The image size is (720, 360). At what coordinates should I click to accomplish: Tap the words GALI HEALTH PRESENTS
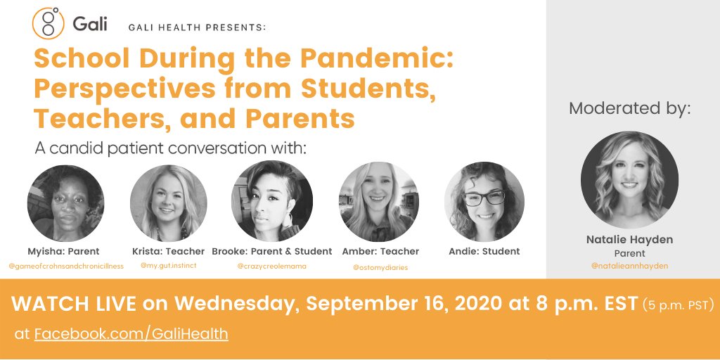pos(197,27)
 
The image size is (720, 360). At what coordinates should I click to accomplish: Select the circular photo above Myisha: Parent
pos(65,203)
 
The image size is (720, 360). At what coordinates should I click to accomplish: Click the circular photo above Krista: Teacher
pos(169,203)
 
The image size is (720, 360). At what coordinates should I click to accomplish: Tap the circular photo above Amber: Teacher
pos(379,202)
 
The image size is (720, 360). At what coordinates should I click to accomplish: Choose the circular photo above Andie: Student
pos(484,202)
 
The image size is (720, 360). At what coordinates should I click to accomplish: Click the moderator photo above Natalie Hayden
pos(629,180)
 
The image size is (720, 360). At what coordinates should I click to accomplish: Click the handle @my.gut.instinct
pos(168,266)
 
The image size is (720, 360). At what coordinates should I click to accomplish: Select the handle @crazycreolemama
pos(271,266)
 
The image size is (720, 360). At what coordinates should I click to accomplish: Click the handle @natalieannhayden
pos(629,266)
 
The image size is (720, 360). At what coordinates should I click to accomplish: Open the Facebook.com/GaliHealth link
pos(131,333)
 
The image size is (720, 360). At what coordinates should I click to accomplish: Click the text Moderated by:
pos(630,108)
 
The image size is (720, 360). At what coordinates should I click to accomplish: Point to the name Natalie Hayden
pos(629,240)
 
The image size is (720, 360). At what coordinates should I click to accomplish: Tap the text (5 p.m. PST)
pos(679,305)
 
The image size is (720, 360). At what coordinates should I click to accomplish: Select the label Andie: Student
pos(484,251)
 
